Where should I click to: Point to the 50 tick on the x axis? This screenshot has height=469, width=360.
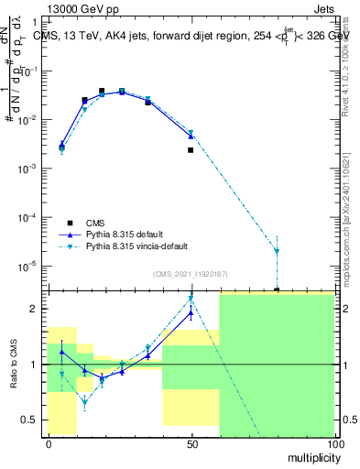(x=191, y=443)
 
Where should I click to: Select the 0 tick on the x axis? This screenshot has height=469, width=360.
(x=49, y=443)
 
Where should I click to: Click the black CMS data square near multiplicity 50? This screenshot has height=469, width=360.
(x=191, y=149)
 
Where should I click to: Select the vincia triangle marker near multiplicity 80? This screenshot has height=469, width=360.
(x=277, y=251)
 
